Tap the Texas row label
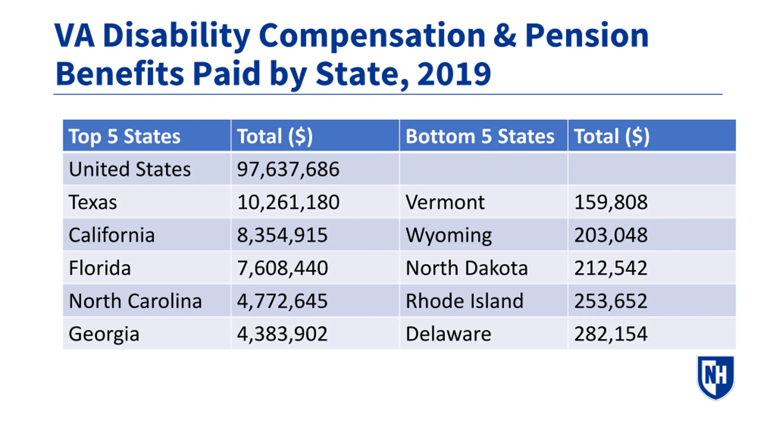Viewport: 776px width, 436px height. pos(93,202)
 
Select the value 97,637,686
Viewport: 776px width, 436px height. pos(288,169)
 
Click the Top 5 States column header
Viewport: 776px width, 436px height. pos(125,136)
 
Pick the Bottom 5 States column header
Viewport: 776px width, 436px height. pos(480,136)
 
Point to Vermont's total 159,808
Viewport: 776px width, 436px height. pos(611,202)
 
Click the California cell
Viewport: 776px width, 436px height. pos(112,235)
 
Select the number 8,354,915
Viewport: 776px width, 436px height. pos(282,235)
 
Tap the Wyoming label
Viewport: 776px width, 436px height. pos(449,235)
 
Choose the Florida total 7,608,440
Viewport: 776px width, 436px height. pos(282,268)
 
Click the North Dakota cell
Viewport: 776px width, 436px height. pos(467,268)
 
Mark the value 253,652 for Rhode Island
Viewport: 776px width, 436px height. pos(611,301)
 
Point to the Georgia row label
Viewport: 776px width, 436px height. pos(104,334)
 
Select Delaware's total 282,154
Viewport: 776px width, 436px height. pos(611,334)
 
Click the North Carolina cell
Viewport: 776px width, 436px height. pos(135,301)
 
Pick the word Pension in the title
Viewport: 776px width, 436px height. pos(587,36)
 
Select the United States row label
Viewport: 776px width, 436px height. pos(130,169)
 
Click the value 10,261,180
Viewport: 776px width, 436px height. pos(288,202)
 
